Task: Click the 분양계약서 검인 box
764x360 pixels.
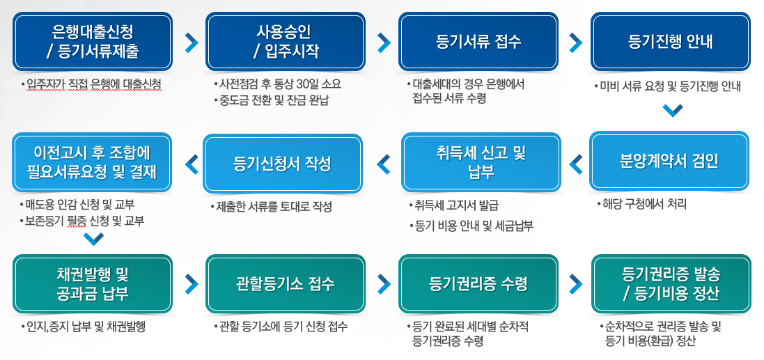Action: (x=669, y=162)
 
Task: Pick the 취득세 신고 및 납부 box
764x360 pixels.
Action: (x=481, y=163)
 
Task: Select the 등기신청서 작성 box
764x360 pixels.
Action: (x=283, y=164)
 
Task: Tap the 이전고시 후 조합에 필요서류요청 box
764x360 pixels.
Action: (x=92, y=162)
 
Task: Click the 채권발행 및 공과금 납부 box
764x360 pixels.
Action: (x=92, y=284)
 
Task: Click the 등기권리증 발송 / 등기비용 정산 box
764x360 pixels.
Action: (x=671, y=284)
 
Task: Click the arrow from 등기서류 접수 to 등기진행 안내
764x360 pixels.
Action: (x=575, y=43)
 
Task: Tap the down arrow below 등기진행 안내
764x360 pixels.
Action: (x=673, y=111)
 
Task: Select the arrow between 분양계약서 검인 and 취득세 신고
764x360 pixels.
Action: (x=575, y=164)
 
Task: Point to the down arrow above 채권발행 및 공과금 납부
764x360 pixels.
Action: (x=93, y=239)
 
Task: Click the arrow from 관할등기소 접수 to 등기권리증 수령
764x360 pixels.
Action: (x=384, y=284)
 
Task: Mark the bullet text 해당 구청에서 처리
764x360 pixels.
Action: (x=643, y=204)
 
